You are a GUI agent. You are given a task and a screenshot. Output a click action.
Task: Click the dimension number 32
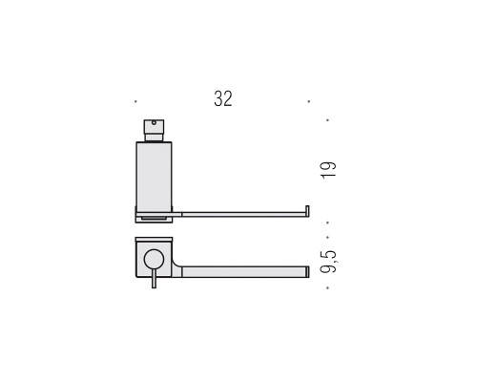click(x=223, y=98)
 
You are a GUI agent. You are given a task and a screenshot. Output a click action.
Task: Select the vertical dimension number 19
click(x=328, y=170)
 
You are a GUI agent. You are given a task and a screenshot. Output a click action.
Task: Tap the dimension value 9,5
click(x=329, y=262)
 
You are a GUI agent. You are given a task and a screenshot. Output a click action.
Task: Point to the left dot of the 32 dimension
click(x=135, y=101)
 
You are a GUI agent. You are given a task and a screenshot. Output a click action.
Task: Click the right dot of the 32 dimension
click(x=308, y=101)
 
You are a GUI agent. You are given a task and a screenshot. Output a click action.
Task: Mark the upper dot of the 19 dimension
click(x=327, y=120)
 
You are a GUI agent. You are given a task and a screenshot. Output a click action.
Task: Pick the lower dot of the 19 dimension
click(x=327, y=223)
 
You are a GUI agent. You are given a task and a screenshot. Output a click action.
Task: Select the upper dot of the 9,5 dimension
click(x=327, y=237)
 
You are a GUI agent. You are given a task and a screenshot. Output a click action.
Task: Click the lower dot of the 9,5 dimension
click(x=327, y=288)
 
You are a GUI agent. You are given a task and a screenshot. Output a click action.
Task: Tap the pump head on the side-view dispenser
click(x=154, y=126)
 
